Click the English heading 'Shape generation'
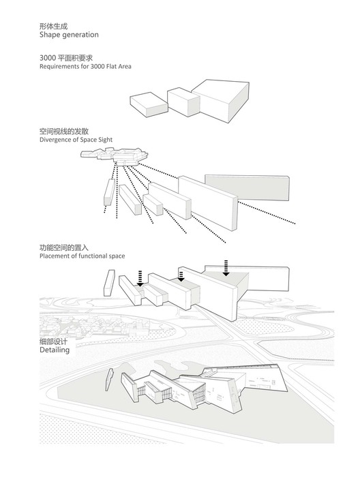tap(69, 34)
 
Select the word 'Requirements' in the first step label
tap(60, 67)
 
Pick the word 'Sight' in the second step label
tap(104, 139)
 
